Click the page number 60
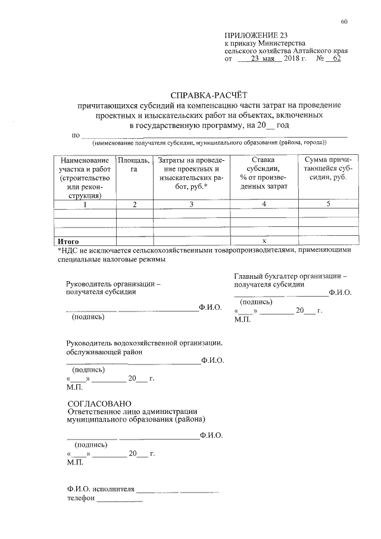click(344, 22)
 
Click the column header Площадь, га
click(134, 166)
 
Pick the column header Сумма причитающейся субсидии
click(328, 170)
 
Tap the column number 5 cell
click(328, 205)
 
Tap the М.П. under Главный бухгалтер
click(242, 319)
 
